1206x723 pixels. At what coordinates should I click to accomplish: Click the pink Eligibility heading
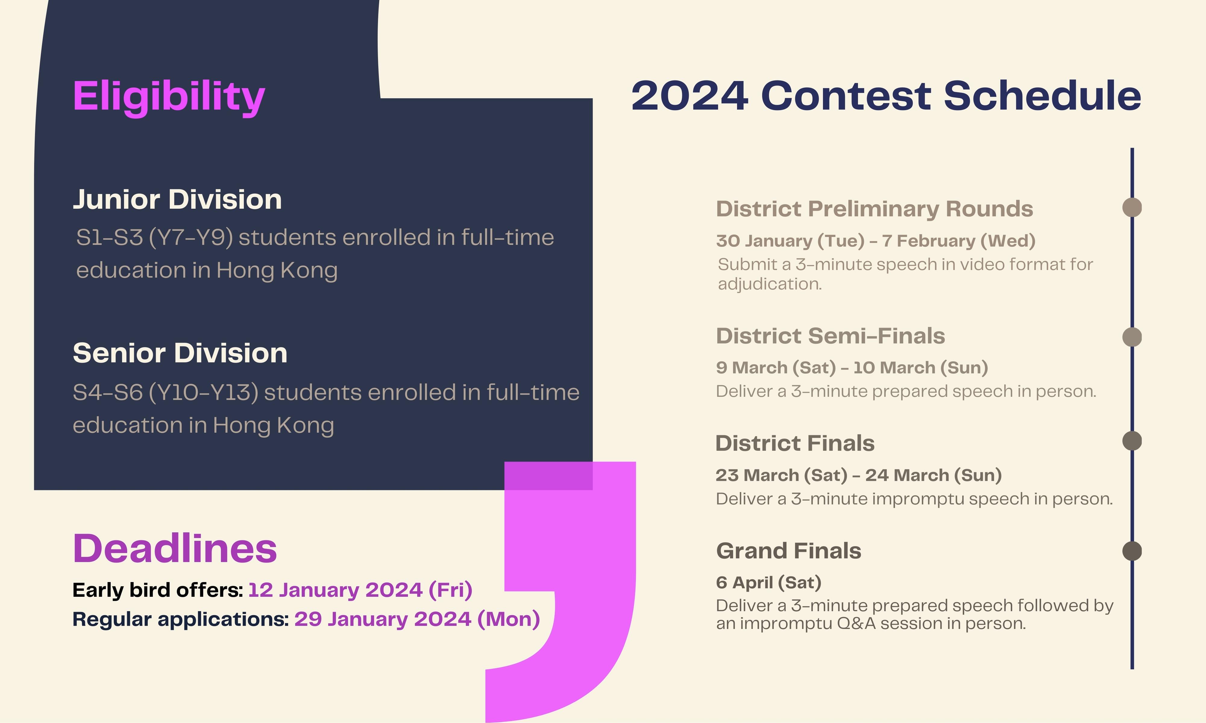(168, 97)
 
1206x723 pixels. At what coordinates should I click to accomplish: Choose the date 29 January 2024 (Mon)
(417, 619)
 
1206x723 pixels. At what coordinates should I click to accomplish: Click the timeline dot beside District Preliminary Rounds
(1132, 207)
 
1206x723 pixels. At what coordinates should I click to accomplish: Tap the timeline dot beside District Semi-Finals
(1132, 337)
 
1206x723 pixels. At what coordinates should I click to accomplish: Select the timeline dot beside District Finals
(1132, 441)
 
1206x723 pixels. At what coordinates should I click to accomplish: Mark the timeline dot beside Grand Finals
(1132, 551)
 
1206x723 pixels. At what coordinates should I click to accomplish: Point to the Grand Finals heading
(788, 551)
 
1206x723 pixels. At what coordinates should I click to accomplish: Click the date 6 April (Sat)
(768, 583)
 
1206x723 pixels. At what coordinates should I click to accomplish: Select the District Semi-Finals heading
(830, 336)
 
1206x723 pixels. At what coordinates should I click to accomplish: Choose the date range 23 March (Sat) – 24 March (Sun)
(859, 475)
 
